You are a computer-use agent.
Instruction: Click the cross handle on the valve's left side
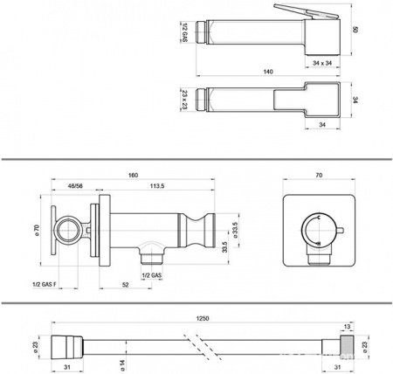[x=61, y=232]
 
